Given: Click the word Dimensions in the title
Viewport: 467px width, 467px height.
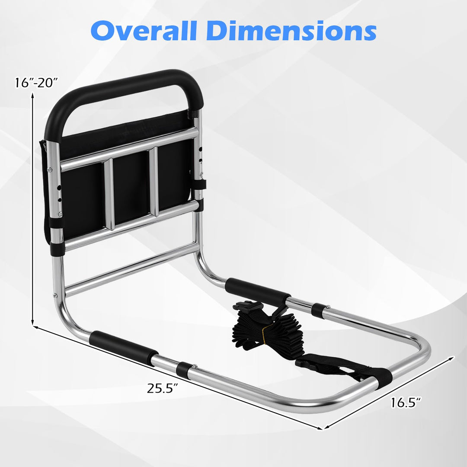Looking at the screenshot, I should [294, 31].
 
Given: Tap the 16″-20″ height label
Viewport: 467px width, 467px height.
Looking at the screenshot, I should [35, 82].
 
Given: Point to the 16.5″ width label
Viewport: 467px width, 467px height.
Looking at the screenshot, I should [406, 403].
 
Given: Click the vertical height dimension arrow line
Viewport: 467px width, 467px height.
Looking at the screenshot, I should [32, 208].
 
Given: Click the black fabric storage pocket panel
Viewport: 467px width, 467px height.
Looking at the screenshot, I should [130, 182].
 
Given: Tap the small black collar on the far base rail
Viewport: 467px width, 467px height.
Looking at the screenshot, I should [320, 310].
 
